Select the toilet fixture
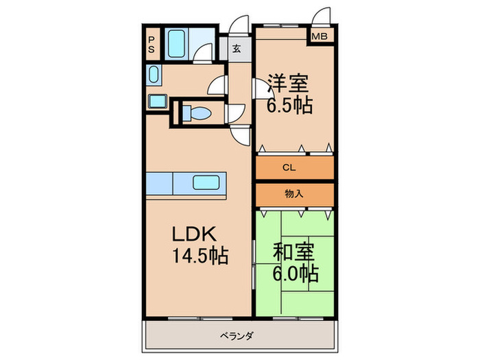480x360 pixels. point(199,112)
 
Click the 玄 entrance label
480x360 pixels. point(236,49)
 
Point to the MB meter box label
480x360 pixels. point(320,36)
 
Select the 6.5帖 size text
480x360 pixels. point(289,105)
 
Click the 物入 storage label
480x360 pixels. point(294,194)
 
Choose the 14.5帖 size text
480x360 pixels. point(199,256)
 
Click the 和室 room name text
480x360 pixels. point(293,252)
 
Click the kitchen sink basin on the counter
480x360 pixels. point(208,182)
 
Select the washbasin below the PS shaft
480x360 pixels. point(153,74)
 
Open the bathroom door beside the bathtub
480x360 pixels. point(202,53)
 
